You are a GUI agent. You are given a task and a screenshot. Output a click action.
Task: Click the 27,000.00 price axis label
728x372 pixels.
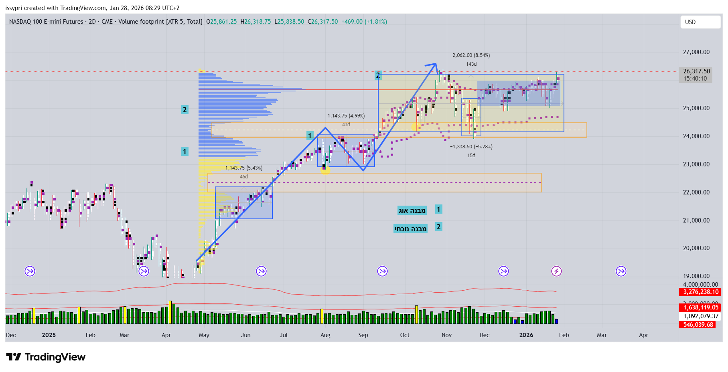pos(696,52)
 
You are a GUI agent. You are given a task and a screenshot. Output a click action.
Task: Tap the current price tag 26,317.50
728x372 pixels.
pos(696,71)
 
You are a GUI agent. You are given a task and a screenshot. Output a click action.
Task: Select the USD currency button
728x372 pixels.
pos(700,22)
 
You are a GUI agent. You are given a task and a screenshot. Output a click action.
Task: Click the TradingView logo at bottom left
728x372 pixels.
pos(46,357)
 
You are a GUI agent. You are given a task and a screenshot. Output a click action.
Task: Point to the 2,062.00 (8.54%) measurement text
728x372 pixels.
pos(471,55)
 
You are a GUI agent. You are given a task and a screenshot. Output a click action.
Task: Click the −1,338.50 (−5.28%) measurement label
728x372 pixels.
pos(471,147)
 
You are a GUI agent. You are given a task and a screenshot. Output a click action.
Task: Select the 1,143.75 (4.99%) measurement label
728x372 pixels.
pos(346,116)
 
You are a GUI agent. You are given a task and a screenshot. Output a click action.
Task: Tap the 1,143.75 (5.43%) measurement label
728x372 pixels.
pos(243,168)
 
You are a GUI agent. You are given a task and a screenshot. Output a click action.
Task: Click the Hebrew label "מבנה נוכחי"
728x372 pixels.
pos(410,229)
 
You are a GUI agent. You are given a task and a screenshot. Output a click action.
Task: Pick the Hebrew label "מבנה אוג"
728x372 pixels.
pos(412,210)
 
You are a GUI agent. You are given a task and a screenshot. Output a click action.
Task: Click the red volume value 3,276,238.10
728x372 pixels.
pos(700,292)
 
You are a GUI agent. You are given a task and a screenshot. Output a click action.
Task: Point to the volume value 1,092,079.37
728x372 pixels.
pos(700,316)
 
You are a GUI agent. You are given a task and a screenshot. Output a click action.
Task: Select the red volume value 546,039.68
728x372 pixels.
pos(698,325)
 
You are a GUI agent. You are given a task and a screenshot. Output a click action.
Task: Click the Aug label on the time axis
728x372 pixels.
pos(325,335)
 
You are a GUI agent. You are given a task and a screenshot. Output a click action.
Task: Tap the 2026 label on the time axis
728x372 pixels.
pos(526,335)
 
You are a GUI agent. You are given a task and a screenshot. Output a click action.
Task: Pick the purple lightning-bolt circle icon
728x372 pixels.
pos(556,271)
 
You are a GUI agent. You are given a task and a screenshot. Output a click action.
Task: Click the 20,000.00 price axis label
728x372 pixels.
pos(696,248)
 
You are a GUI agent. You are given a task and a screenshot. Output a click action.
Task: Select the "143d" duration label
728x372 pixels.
pos(471,64)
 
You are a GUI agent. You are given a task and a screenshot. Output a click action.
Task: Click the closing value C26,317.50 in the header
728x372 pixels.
pos(323,22)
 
